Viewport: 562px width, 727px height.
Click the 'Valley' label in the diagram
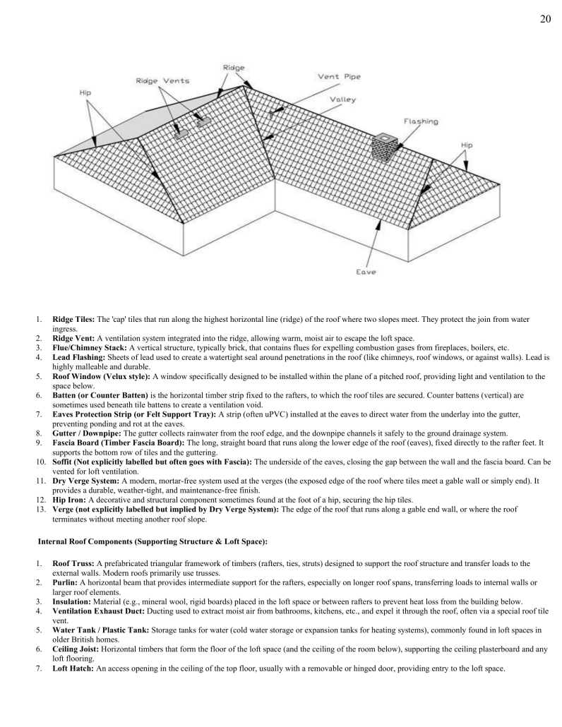tap(342, 100)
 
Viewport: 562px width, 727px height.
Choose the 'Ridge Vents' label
tap(162, 80)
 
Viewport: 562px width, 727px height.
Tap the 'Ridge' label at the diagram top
tap(234, 67)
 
